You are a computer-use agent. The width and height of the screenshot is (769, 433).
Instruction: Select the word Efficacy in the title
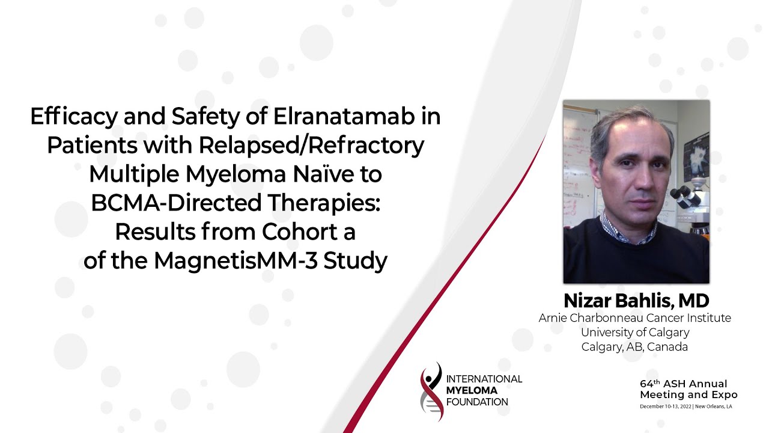tap(68, 117)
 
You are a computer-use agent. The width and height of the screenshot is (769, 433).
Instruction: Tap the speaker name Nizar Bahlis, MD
tap(636, 300)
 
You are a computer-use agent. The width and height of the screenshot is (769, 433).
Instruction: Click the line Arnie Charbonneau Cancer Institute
tap(635, 318)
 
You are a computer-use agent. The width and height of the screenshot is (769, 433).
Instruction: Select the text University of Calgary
tap(635, 332)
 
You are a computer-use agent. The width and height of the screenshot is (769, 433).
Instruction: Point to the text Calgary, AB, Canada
tap(635, 347)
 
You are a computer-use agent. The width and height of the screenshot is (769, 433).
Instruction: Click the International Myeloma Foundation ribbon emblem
tap(431, 390)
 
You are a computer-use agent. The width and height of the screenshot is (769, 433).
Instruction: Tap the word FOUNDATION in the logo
tap(477, 402)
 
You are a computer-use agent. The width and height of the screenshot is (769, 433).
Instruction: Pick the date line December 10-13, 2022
tap(685, 407)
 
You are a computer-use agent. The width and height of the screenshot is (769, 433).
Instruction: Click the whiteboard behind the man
tap(580, 162)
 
